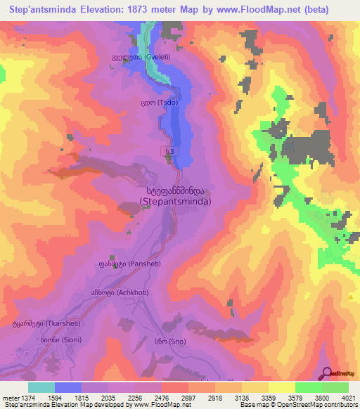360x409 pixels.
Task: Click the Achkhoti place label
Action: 110,291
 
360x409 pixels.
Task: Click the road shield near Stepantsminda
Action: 169,151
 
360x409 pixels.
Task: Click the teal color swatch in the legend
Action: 41,387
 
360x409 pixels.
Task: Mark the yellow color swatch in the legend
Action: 281,387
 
